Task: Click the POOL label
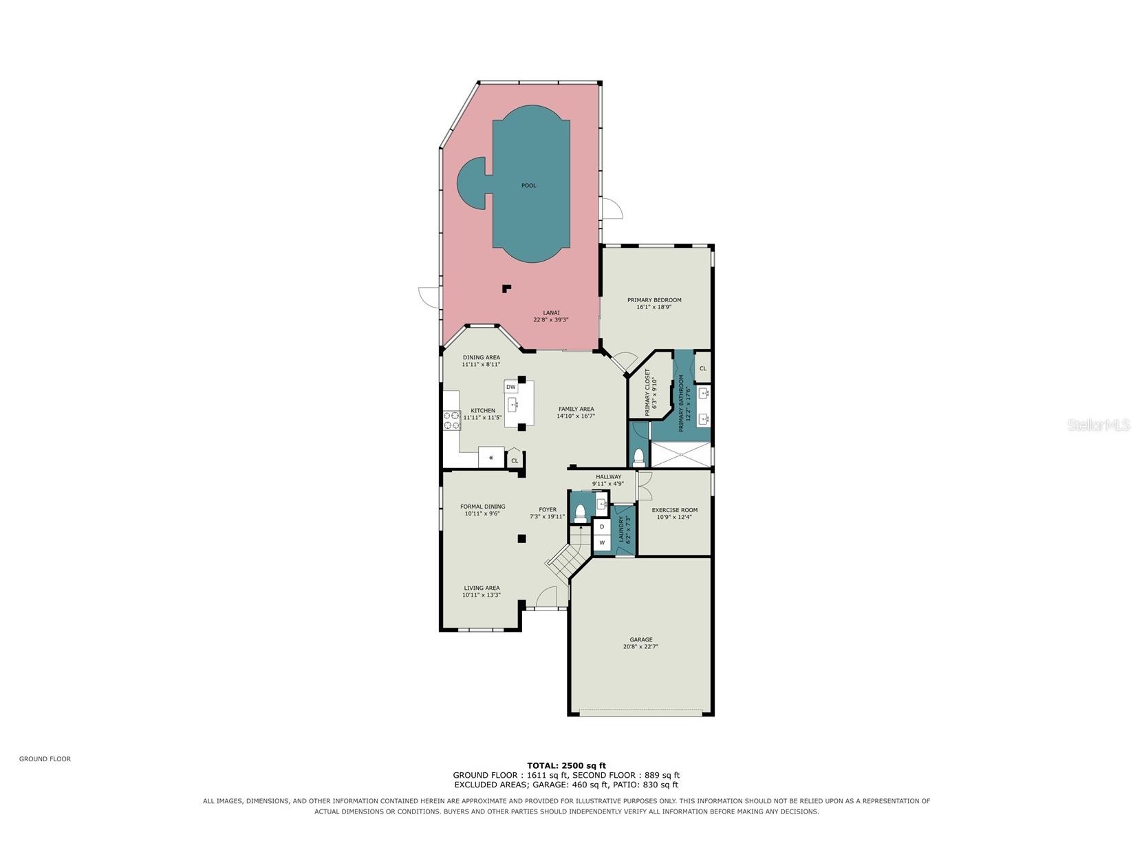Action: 528,185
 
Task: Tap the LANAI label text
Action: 551,312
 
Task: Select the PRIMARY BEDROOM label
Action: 654,300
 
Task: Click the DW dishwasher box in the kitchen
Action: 510,387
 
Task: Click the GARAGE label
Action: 640,639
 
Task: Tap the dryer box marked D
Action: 602,527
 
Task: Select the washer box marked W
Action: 602,543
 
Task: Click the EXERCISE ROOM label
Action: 674,510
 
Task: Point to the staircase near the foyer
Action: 567,555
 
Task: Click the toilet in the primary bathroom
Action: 638,458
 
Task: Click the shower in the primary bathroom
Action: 681,455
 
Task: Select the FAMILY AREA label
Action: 576,409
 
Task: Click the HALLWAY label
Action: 608,477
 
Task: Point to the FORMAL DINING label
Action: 482,507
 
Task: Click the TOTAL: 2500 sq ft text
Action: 566,766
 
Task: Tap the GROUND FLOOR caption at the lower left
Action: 45,758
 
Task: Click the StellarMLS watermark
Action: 1099,425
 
